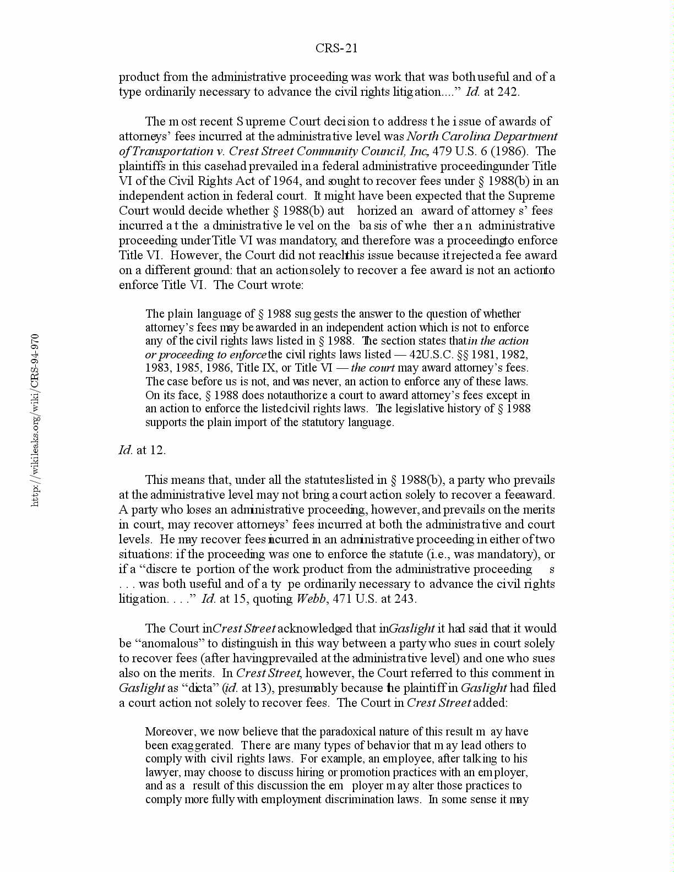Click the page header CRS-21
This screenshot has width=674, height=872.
point(336,48)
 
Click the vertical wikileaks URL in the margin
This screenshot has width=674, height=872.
point(35,419)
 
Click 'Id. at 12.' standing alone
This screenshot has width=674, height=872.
point(142,450)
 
